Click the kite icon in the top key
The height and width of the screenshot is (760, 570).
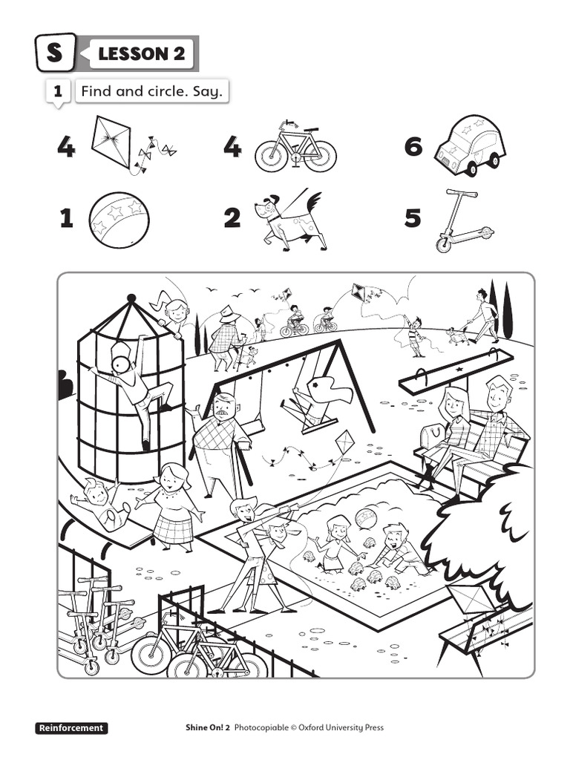(112, 142)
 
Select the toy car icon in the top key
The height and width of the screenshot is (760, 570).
(469, 145)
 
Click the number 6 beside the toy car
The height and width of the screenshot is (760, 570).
(413, 148)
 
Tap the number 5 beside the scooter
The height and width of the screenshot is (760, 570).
(413, 218)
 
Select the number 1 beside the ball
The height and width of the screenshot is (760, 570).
(67, 218)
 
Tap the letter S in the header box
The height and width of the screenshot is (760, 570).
(55, 53)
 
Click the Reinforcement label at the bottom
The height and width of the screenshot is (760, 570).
(71, 728)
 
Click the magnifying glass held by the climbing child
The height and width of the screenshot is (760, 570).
(120, 364)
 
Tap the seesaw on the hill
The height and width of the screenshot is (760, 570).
(455, 371)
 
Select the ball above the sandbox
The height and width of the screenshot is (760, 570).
(366, 517)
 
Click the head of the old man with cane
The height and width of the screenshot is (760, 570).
(225, 405)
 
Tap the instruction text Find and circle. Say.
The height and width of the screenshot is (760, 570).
(151, 92)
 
